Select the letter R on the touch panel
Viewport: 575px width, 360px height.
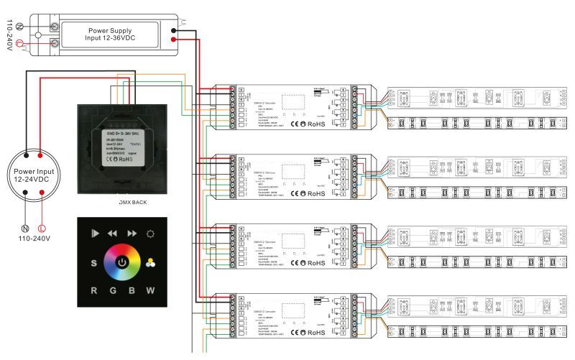coord(93,291)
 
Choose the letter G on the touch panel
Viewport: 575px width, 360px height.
coord(114,291)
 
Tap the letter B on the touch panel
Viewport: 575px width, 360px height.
coord(132,291)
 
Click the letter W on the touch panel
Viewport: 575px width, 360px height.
coord(151,291)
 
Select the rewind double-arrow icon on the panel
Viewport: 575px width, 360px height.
coord(112,234)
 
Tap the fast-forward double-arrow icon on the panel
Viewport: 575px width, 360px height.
coord(132,234)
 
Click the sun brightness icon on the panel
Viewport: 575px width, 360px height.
coord(150,234)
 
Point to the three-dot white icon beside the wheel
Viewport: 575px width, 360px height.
coord(150,262)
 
